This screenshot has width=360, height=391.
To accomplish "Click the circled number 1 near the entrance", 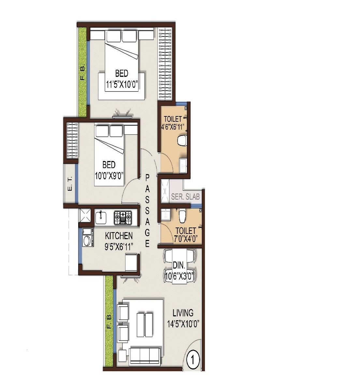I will pos(193,360).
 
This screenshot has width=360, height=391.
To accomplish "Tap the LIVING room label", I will pos(183,313).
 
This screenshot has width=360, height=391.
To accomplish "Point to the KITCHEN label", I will pos(119,236).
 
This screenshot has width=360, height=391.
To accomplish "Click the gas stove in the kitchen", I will pos(123,217).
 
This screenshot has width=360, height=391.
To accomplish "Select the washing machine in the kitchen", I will pos(87,240).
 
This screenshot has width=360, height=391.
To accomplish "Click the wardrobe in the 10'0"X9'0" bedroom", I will pos(71,140).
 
